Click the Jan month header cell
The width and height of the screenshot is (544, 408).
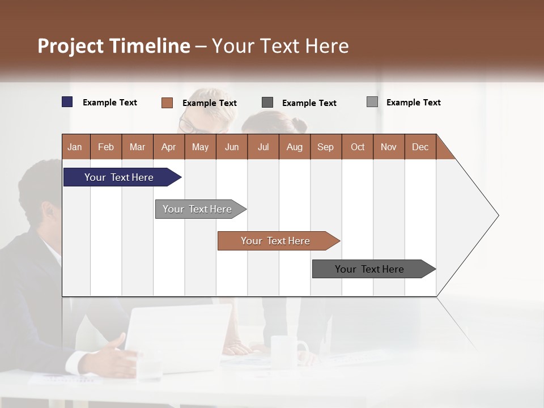click(75, 147)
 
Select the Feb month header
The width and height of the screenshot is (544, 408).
click(106, 147)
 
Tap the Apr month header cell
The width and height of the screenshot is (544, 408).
click(169, 147)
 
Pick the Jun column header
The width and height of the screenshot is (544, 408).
click(232, 147)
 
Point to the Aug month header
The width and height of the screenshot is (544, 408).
click(295, 147)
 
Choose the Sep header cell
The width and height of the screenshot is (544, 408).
click(326, 147)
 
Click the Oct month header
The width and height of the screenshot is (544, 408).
click(358, 147)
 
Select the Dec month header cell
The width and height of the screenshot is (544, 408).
click(420, 147)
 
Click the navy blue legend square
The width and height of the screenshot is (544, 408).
click(67, 102)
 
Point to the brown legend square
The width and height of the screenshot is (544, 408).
click(167, 103)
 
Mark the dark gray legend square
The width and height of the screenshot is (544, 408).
click(267, 103)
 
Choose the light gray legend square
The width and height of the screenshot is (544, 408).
click(372, 102)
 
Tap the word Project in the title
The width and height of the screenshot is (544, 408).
click(71, 46)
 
